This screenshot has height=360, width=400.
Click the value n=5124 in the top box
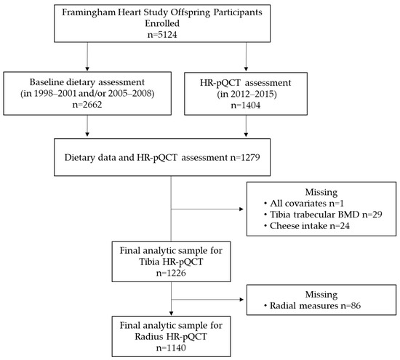pos(162,35)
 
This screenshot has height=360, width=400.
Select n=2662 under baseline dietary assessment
pos(87,105)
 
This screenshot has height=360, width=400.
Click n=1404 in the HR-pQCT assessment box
pos(246,105)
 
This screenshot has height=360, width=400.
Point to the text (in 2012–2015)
pos(247,94)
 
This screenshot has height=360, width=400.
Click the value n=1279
pos(245,157)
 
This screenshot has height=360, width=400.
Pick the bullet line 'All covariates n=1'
pos(304,204)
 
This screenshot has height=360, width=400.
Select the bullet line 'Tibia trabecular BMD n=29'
pos(323,215)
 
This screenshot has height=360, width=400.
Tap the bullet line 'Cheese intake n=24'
pos(307,225)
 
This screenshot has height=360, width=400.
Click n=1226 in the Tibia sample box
pos(171,273)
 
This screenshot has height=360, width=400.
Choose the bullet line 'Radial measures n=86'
pos(312,305)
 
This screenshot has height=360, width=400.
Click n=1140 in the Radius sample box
pos(171,348)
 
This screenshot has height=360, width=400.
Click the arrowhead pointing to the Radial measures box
pos(242,300)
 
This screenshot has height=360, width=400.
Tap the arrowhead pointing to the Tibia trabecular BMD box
pos(241,209)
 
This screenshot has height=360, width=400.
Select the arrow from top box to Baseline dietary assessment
pos(87,57)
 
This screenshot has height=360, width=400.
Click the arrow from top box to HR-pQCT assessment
pos(246,57)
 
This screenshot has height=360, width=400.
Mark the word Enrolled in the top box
pos(162,23)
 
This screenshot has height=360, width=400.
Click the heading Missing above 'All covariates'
pos(321,192)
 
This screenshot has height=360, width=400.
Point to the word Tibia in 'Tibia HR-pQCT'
pos(149,262)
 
